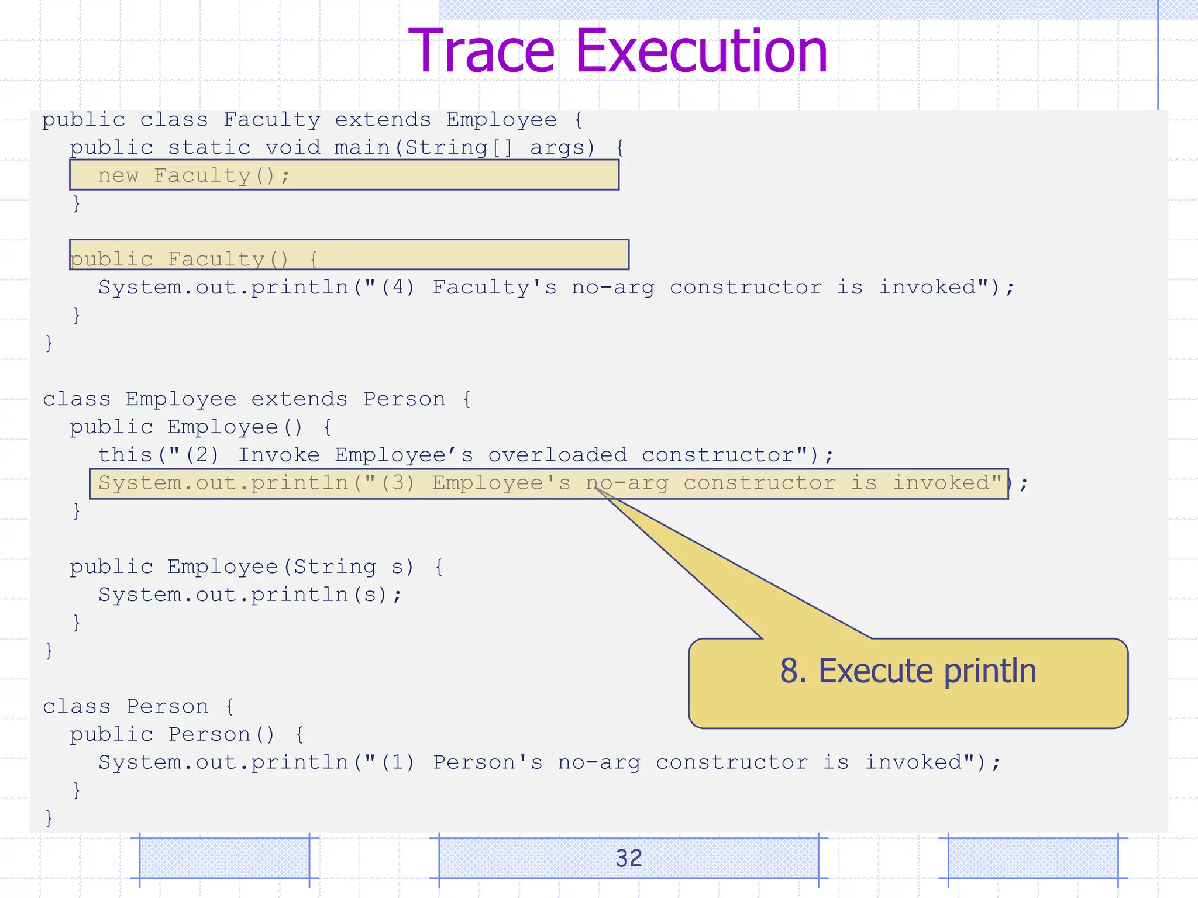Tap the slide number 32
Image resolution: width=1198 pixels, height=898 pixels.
pyautogui.click(x=628, y=858)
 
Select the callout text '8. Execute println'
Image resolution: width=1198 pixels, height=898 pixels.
pyautogui.click(x=908, y=671)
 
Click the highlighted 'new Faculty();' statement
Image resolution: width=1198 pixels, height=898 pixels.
pyautogui.click(x=193, y=175)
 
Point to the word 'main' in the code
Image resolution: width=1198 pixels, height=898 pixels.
pyautogui.click(x=362, y=148)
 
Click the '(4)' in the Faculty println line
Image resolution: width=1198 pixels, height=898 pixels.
pyautogui.click(x=398, y=288)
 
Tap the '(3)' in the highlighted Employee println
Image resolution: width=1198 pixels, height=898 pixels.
pyautogui.click(x=398, y=483)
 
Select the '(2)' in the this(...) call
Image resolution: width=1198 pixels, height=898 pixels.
pyautogui.click(x=202, y=455)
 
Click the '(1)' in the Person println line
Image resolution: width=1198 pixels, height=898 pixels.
pyautogui.click(x=398, y=763)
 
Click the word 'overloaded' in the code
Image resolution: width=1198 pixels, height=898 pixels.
pyautogui.click(x=557, y=455)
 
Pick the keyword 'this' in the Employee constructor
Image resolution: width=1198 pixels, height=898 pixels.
pyautogui.click(x=126, y=455)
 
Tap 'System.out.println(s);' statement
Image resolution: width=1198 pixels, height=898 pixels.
pyautogui.click(x=250, y=595)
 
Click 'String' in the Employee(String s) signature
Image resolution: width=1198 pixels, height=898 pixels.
pyautogui.click(x=335, y=567)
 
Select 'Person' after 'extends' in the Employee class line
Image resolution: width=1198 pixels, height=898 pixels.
pyautogui.click(x=404, y=399)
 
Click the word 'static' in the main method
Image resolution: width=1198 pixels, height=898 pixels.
pyautogui.click(x=209, y=148)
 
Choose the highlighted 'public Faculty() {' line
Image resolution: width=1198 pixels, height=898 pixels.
pyautogui.click(x=193, y=259)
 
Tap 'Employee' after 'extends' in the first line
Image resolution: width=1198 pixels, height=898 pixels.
pyautogui.click(x=501, y=120)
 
